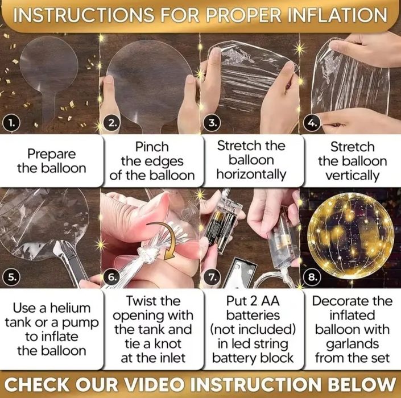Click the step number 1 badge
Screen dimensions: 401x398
[11, 124]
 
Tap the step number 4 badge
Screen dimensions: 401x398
[312, 124]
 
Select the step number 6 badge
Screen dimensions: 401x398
[111, 277]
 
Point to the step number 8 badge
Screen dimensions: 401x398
[312, 277]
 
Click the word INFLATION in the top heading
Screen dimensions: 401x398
[337, 15]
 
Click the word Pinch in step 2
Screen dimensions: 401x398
[152, 147]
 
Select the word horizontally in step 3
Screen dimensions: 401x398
[251, 175]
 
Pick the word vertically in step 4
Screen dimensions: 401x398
[353, 176]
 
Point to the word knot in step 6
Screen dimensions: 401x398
[167, 344]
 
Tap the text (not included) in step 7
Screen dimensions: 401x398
[253, 330]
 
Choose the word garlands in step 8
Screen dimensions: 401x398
[353, 344]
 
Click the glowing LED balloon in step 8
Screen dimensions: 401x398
[350, 236]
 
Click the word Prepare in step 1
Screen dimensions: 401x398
[51, 154]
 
